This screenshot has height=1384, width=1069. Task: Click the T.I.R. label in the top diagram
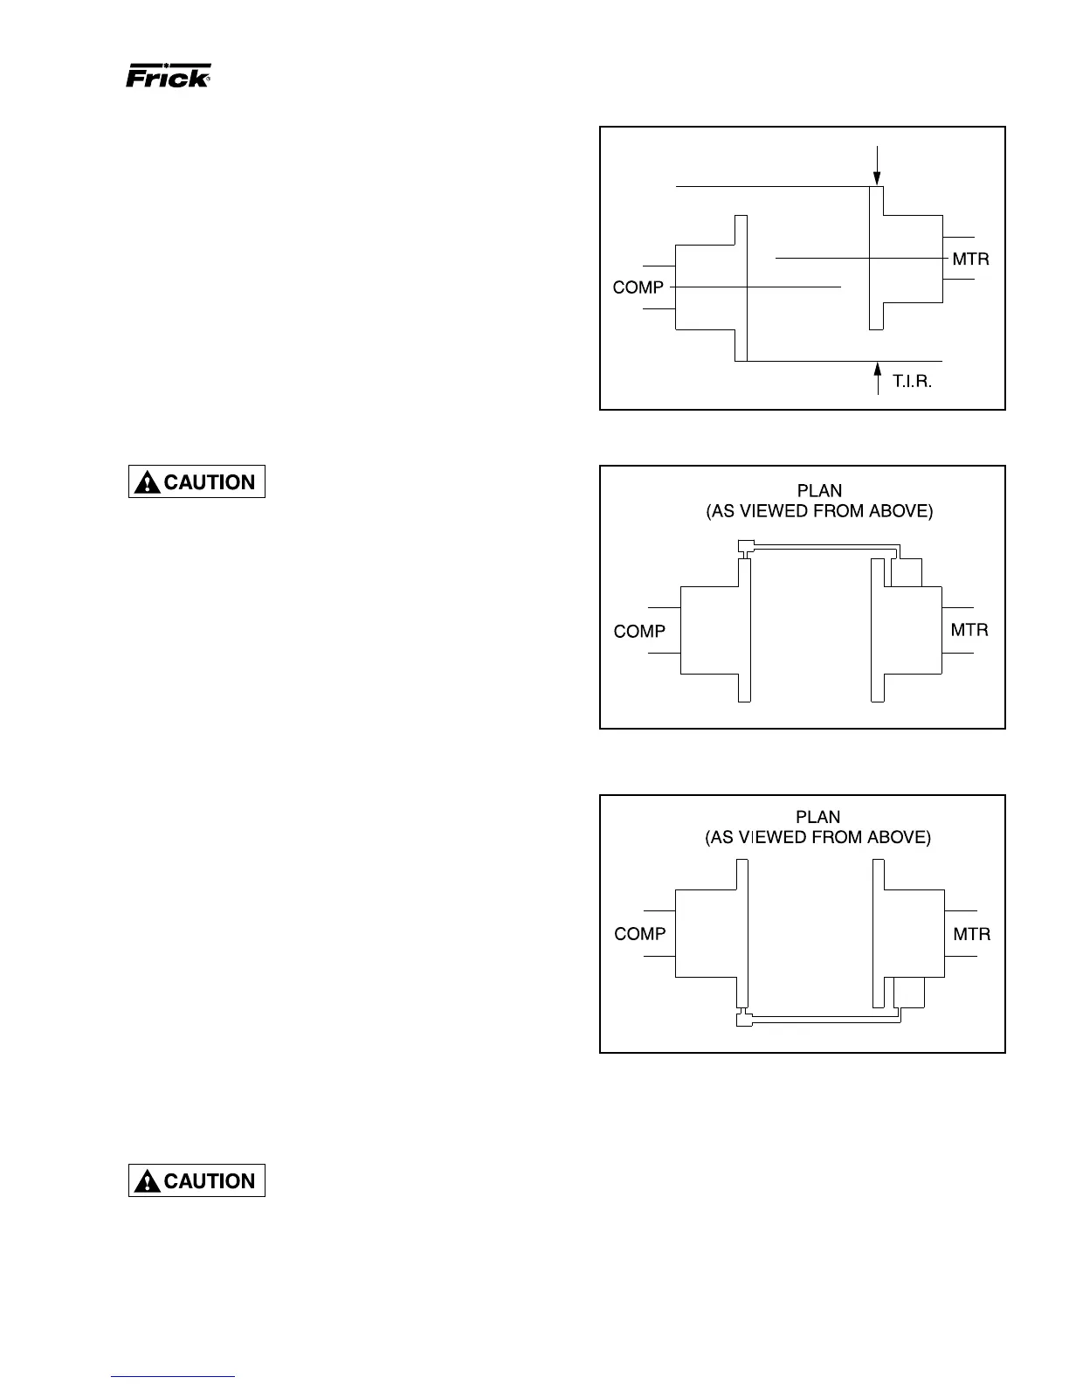(x=912, y=382)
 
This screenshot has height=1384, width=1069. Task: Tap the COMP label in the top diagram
(x=638, y=287)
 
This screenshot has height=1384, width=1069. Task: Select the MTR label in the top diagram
(x=970, y=259)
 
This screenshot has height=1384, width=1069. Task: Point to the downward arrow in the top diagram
(x=877, y=168)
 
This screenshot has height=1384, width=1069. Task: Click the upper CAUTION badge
(x=197, y=481)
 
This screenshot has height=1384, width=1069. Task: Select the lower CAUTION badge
(x=197, y=1180)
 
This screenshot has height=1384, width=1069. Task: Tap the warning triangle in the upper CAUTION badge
(x=148, y=482)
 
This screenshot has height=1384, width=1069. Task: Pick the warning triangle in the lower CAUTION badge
(x=148, y=1181)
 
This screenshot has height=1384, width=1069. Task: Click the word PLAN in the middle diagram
(x=819, y=491)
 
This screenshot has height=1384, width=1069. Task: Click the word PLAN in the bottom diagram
(x=817, y=817)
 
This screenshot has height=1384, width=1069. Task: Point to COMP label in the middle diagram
(x=639, y=631)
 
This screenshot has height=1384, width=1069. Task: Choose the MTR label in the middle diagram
(x=969, y=630)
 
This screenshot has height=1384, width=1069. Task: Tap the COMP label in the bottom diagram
(x=639, y=934)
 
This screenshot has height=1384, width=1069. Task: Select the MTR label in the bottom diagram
(x=971, y=934)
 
